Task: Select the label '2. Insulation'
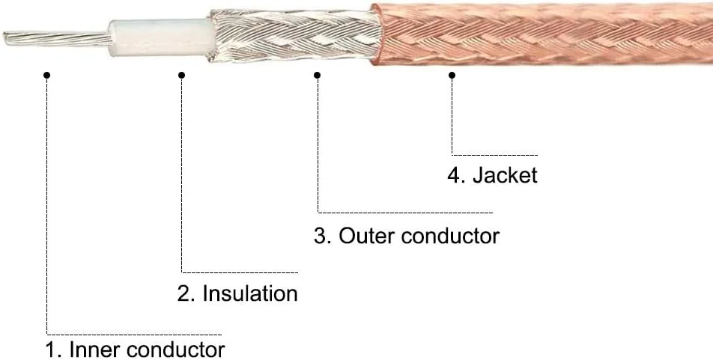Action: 237,293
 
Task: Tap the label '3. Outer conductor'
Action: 406,236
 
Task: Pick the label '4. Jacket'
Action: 492,176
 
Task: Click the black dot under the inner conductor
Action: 46,74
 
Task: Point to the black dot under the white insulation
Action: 182,74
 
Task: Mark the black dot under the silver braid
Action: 318,74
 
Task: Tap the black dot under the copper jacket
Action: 452,74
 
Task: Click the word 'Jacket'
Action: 505,176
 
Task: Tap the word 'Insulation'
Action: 250,293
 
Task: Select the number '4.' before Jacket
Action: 456,176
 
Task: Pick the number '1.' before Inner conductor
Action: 54,350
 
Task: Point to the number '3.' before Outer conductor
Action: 322,236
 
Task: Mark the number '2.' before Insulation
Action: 186,293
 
